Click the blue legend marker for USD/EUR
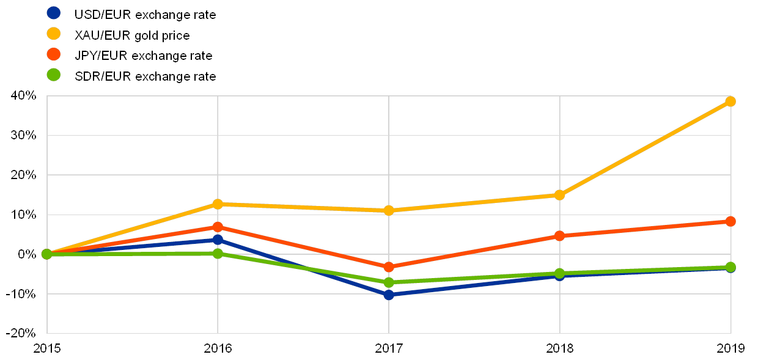54,13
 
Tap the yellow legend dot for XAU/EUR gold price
54,34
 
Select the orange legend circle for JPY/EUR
54,54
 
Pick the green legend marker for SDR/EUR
54,75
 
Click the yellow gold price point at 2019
730,101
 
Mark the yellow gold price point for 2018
559,195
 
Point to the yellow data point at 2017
389,210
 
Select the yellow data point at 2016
218,204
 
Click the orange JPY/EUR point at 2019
730,221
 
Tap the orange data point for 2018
559,236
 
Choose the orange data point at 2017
389,267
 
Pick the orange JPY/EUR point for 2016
218,227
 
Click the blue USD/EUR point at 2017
389,295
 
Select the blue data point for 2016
218,240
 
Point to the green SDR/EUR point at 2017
389,282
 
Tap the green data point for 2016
218,253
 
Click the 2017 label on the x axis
389,348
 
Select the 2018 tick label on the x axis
559,348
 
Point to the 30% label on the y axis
24,135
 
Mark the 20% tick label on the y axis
24,175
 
